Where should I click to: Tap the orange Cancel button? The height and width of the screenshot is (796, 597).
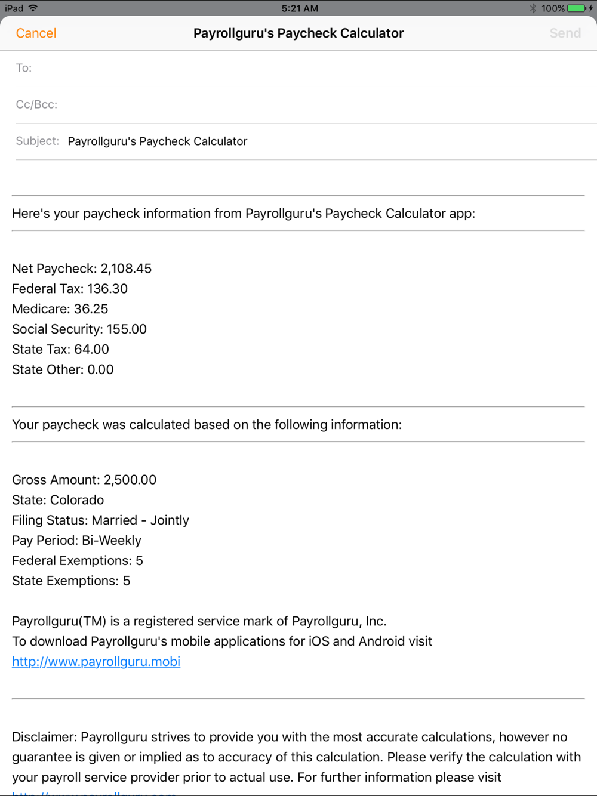tap(36, 33)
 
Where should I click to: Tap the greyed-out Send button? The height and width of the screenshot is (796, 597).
tap(565, 33)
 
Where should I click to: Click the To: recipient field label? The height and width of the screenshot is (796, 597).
tap(24, 68)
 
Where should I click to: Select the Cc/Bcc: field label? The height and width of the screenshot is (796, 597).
tap(36, 104)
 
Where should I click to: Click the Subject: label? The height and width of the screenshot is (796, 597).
tap(38, 141)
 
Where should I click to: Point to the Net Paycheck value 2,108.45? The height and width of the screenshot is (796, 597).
tap(126, 269)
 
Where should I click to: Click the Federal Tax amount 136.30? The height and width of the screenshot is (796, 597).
tap(107, 289)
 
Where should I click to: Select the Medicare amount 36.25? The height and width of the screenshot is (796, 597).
tap(91, 309)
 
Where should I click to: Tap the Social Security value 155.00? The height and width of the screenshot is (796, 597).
tap(127, 329)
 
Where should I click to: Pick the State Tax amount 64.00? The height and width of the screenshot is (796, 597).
tap(91, 350)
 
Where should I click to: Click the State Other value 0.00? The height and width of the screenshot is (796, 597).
tap(100, 370)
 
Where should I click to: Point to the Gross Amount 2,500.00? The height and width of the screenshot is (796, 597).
tap(130, 480)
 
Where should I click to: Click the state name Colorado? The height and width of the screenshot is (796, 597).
tap(77, 500)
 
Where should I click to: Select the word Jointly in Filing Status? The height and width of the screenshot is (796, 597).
tap(170, 520)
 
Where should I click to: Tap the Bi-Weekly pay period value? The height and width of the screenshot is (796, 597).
tap(112, 541)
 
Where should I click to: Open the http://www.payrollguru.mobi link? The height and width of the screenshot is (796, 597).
tap(96, 662)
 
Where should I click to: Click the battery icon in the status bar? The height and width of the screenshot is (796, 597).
tap(576, 8)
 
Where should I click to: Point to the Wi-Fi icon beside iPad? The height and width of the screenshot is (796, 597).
tap(33, 8)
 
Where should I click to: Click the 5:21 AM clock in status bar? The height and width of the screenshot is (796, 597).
tap(300, 8)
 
